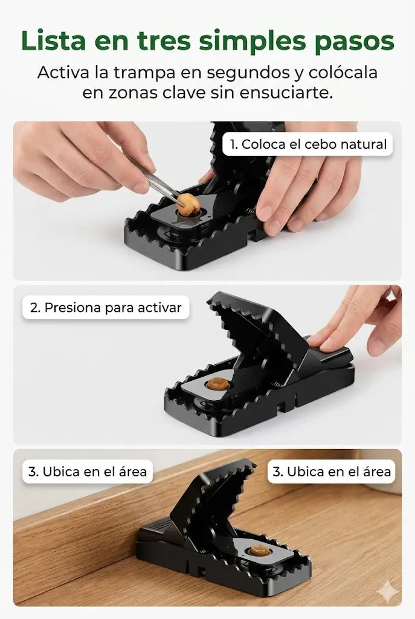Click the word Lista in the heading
point(53,41)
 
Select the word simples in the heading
point(253,41)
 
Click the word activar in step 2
point(159,308)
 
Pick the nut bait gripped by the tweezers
point(189,203)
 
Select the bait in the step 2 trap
point(218,384)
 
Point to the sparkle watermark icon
point(387,592)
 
